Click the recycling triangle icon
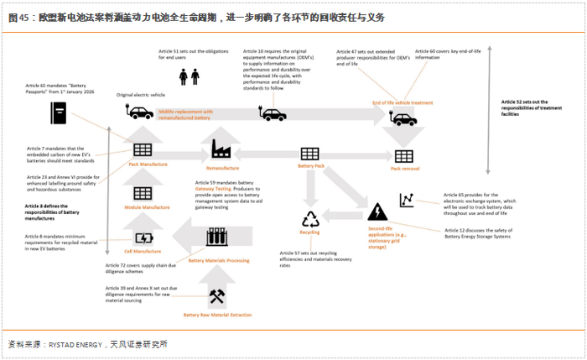pos(311,220)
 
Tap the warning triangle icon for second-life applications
pos(377,211)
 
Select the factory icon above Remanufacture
pos(221,149)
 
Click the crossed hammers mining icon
pos(216,296)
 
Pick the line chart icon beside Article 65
pos(408,201)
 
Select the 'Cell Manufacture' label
pos(143,251)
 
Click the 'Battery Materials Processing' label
pos(218,261)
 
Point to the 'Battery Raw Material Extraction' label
pos(217,315)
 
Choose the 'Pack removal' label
pos(404,169)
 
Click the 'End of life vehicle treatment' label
pos(403,102)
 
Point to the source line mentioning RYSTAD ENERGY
pos(88,344)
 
